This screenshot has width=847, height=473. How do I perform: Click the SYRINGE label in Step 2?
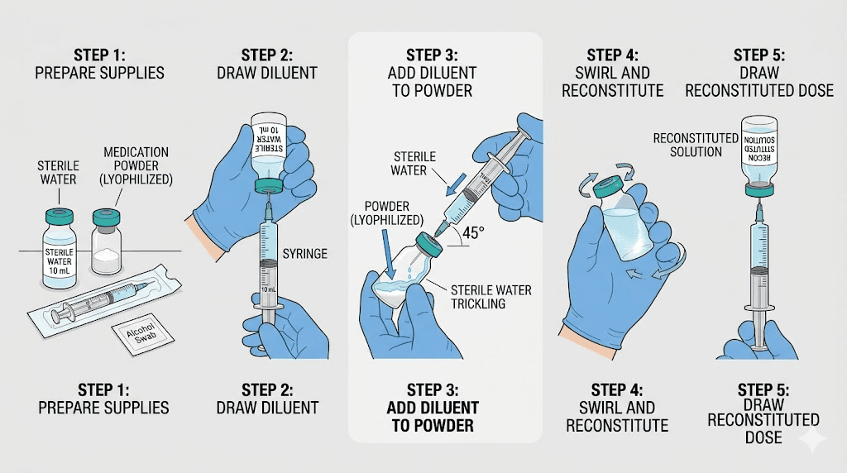coord(305,254)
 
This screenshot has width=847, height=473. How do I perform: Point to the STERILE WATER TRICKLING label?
coord(491,296)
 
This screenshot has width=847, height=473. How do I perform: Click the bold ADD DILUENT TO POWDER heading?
coord(433,417)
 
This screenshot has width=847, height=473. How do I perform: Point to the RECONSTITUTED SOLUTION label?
coord(687,145)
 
